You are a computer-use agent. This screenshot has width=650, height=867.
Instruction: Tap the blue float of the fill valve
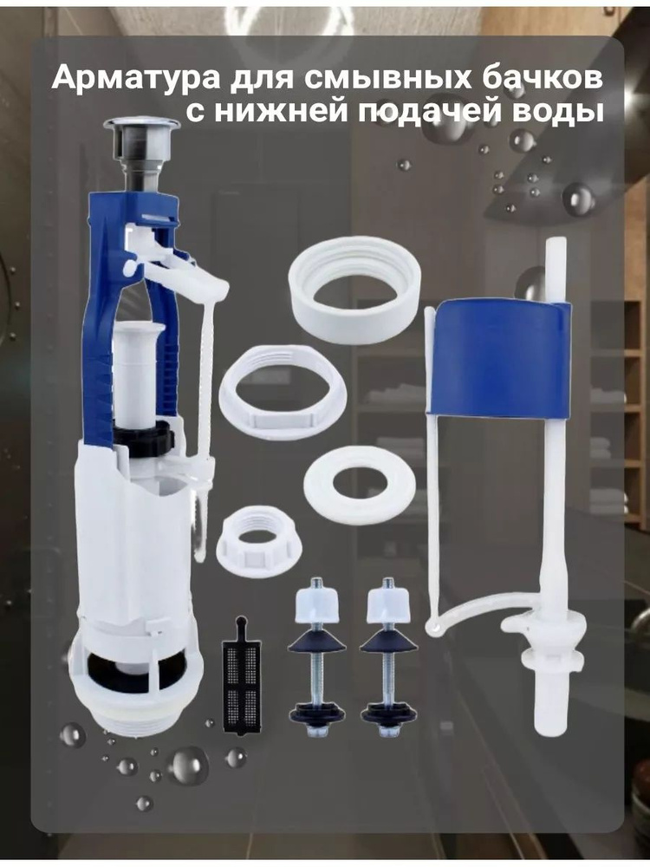pyautogui.click(x=500, y=357)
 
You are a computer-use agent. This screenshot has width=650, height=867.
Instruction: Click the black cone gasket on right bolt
pyautogui.click(x=388, y=641)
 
